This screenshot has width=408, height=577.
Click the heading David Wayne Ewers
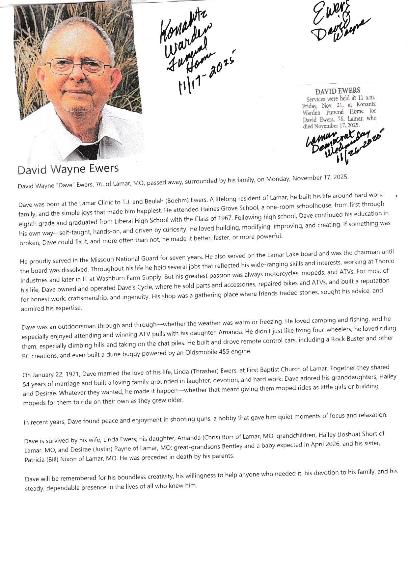coord(68,169)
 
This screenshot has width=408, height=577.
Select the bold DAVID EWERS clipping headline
coord(338,91)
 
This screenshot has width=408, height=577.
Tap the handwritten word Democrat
coord(333,142)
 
